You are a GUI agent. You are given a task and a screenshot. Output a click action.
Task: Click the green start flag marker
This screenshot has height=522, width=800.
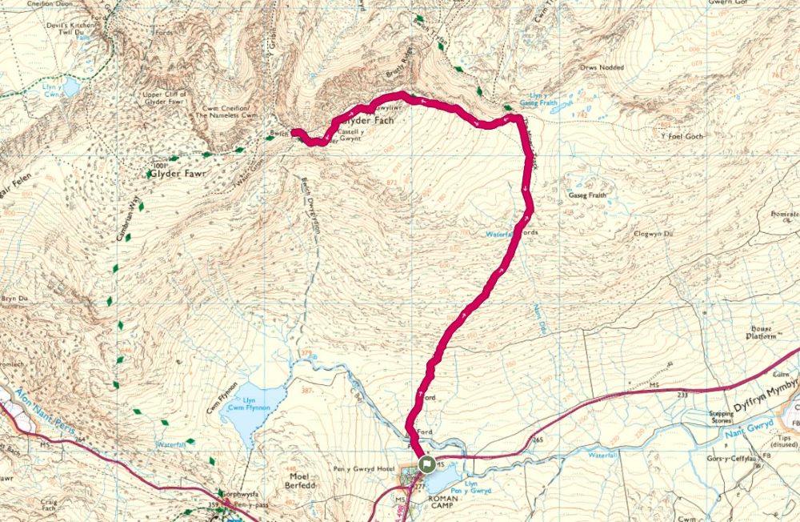[426, 464]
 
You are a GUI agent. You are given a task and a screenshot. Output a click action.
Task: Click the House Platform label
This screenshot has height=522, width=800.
[764, 332]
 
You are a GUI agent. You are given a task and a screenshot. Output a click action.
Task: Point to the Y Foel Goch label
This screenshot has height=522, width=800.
[682, 137]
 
